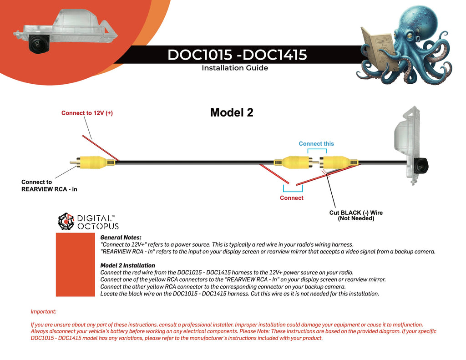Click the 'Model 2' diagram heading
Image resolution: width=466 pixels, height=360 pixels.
click(231, 112)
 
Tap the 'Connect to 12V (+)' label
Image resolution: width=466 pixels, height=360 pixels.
click(87, 113)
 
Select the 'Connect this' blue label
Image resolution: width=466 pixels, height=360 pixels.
click(316, 143)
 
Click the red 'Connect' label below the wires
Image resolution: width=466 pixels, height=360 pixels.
click(291, 198)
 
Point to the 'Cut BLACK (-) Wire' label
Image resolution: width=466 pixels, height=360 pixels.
click(356, 213)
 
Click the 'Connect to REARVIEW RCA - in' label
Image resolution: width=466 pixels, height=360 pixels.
click(49, 185)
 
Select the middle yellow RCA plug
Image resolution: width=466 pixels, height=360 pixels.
click(294, 162)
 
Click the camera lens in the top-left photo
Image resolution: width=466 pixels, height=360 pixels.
click(35, 45)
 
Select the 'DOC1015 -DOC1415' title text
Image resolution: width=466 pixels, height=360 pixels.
click(237, 55)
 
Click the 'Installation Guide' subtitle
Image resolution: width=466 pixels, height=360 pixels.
click(234, 68)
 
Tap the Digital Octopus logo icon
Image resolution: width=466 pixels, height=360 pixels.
click(66, 221)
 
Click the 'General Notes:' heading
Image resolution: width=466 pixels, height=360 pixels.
click(121, 238)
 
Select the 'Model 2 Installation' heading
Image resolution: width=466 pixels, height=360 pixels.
click(127, 265)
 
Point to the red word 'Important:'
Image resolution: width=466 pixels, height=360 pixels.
click(43, 312)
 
